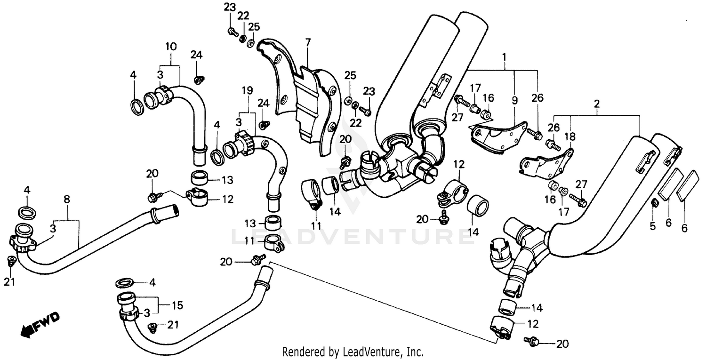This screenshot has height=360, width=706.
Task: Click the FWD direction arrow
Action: (x=40, y=325)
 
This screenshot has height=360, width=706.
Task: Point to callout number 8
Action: (x=67, y=200)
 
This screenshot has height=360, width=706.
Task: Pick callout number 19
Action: (x=248, y=90)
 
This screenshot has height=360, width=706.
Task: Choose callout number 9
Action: (x=514, y=100)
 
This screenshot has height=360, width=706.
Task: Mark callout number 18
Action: (x=573, y=136)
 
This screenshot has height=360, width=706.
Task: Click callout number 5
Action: (x=652, y=226)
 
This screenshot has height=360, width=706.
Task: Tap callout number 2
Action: (x=597, y=103)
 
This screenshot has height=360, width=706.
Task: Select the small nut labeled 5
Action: (x=654, y=203)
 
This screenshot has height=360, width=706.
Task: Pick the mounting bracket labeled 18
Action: (x=546, y=165)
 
